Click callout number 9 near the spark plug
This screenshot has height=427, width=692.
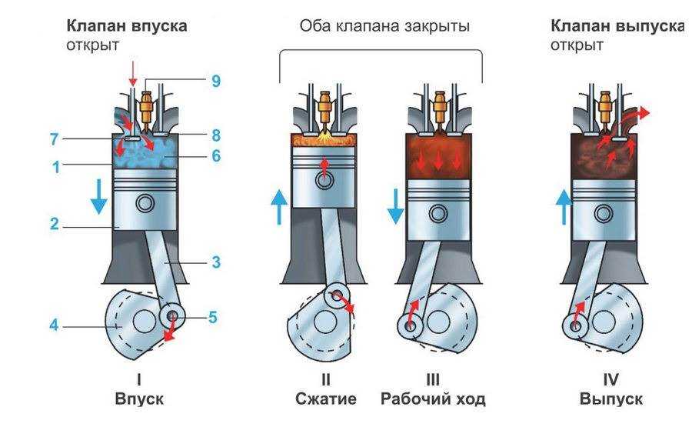[215, 81]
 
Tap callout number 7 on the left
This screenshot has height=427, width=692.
[54, 139]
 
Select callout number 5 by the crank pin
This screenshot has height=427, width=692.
[213, 317]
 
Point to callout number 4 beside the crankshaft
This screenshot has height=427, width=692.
[54, 325]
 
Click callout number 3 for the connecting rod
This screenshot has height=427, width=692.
[215, 262]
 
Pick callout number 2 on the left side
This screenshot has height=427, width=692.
[55, 223]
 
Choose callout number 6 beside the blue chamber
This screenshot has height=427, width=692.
[215, 155]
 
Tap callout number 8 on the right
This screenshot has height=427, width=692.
[215, 135]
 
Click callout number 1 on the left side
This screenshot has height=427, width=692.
[56, 167]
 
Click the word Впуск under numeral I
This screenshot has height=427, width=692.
[139, 399]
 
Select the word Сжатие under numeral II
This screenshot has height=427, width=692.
[326, 399]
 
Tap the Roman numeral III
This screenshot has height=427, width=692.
[433, 380]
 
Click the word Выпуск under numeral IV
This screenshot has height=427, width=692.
[610, 399]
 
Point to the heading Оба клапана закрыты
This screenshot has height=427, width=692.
[384, 25]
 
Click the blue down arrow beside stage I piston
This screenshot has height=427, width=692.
[99, 196]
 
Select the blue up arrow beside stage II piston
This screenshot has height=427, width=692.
[279, 207]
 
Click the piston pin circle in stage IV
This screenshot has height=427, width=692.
[604, 214]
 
